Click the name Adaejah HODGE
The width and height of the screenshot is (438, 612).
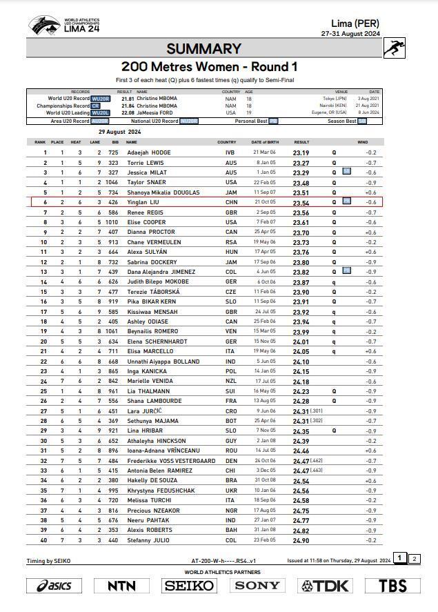click(x=149, y=152)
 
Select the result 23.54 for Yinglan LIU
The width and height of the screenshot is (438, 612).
click(x=301, y=203)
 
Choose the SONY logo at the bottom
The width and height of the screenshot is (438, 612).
click(x=257, y=586)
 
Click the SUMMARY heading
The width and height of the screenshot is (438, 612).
click(x=203, y=48)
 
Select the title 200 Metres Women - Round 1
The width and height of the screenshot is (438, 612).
click(x=209, y=67)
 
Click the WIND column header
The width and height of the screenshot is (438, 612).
click(x=362, y=142)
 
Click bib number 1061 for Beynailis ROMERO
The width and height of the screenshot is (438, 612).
click(x=112, y=332)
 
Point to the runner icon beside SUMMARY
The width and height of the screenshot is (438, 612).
click(x=393, y=48)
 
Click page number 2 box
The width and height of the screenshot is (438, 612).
click(x=414, y=559)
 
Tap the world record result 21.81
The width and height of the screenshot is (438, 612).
click(x=127, y=99)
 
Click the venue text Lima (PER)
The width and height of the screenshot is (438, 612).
click(x=355, y=23)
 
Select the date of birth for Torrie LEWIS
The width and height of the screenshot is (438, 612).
click(x=266, y=163)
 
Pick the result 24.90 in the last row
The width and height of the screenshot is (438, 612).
click(x=301, y=540)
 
